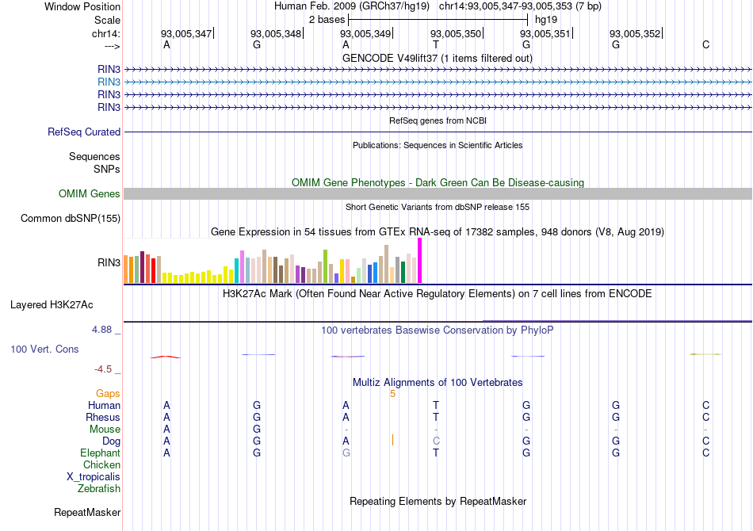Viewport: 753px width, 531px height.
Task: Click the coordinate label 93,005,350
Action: click(456, 33)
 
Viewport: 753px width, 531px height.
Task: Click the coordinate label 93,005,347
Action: click(186, 33)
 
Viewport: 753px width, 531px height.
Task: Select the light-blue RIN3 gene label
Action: click(109, 82)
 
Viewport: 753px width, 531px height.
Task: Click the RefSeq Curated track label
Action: click(84, 132)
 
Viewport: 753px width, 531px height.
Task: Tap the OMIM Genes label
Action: click(90, 194)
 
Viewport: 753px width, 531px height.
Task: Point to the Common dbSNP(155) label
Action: click(71, 219)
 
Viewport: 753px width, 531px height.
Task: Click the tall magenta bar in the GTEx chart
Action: click(419, 260)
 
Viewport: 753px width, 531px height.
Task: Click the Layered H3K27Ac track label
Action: click(52, 304)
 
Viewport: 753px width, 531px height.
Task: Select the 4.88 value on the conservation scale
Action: click(107, 329)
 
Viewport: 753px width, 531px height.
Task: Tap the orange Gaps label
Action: click(108, 393)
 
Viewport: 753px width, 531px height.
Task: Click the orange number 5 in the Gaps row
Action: click(392, 393)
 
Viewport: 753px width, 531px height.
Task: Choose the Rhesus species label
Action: click(103, 417)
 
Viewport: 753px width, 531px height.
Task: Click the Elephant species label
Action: click(101, 453)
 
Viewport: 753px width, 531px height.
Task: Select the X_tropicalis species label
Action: click(94, 476)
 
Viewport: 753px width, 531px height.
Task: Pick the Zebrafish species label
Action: click(99, 488)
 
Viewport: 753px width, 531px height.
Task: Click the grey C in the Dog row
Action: click(436, 441)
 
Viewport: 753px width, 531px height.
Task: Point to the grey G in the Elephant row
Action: click(346, 453)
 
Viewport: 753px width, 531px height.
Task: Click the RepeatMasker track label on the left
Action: click(87, 513)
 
